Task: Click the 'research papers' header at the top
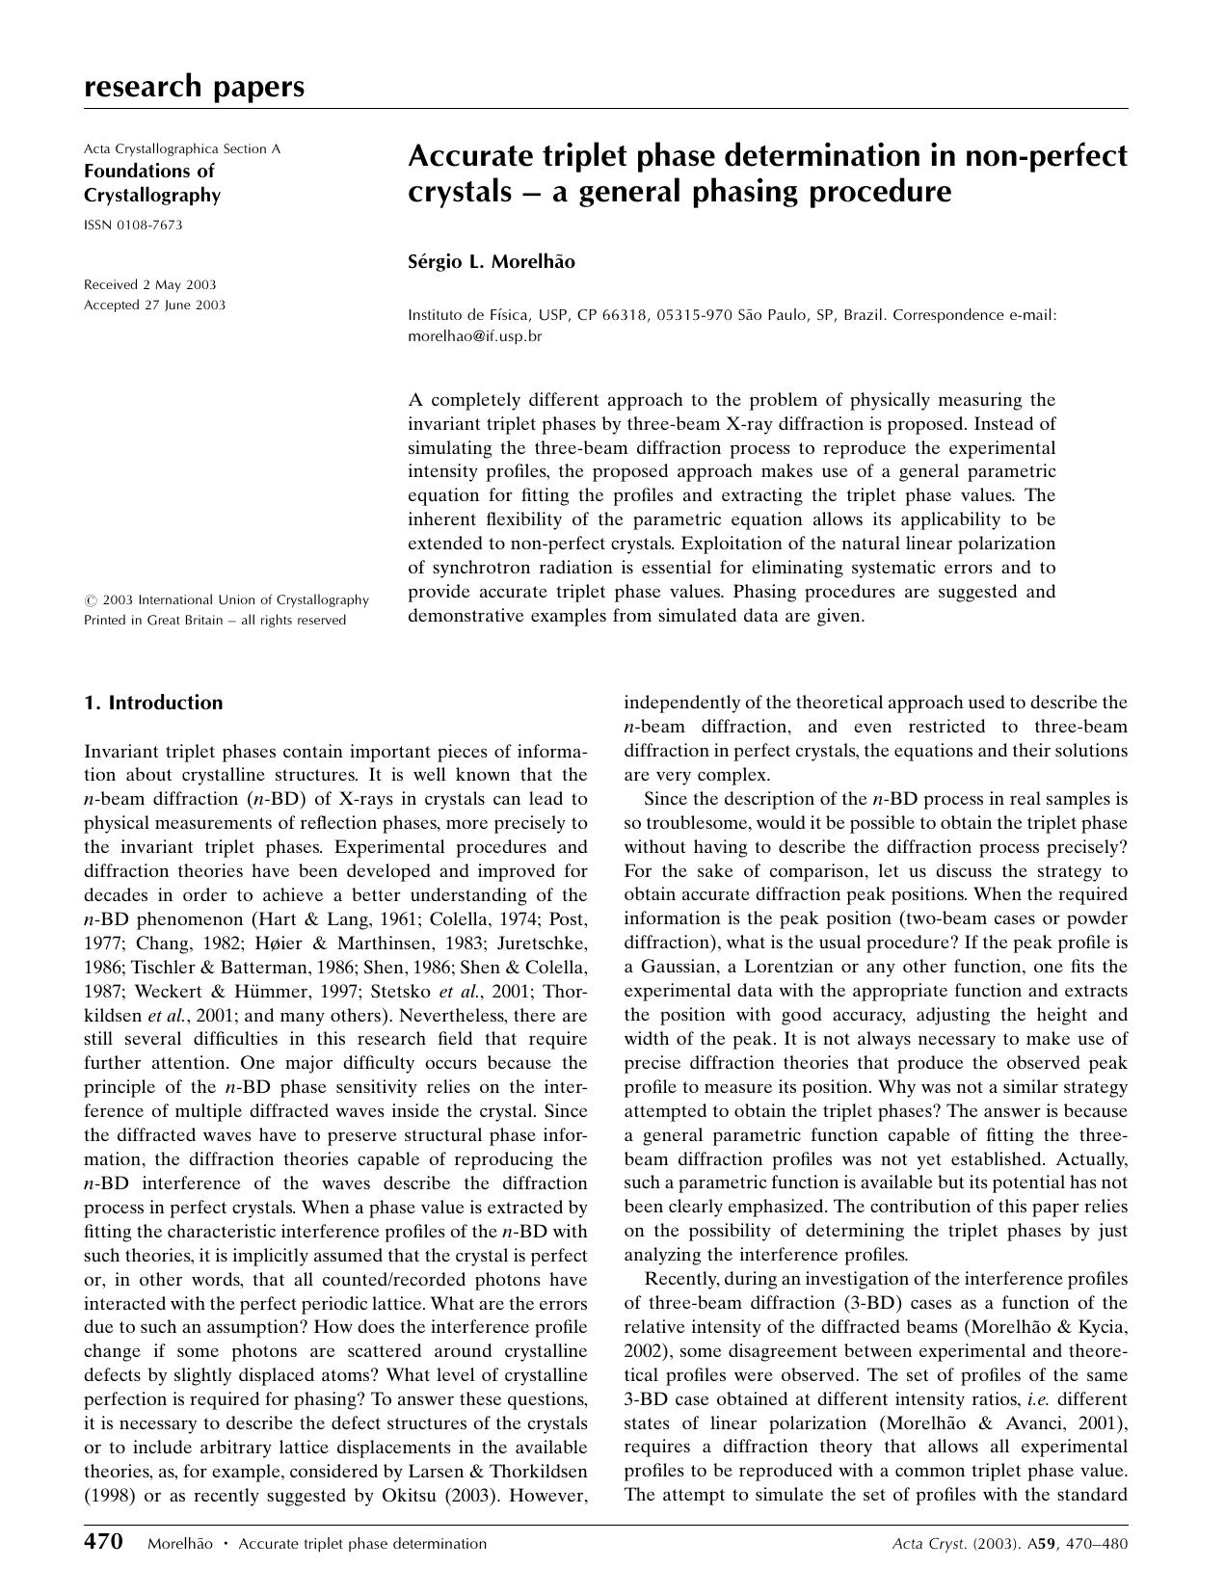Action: click(194, 87)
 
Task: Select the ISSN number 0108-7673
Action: click(133, 226)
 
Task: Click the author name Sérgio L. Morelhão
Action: click(492, 261)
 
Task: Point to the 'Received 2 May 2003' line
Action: click(150, 284)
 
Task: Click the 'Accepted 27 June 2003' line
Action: click(155, 305)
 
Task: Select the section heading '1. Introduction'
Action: click(153, 703)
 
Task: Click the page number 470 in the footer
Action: click(104, 1542)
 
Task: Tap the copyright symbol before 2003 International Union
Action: click(90, 600)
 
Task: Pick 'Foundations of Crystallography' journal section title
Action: click(152, 183)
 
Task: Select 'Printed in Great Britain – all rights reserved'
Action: click(215, 620)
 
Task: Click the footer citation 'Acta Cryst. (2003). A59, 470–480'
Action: click(1010, 1543)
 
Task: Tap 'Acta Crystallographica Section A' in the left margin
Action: click(182, 148)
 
